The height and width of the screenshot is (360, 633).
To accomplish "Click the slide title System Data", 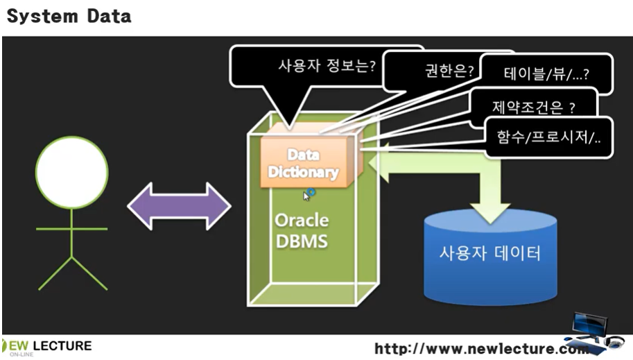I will pos(69,16).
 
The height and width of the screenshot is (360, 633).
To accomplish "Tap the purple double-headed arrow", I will pos(179,206).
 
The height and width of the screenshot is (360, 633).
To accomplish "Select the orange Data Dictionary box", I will pos(304,163).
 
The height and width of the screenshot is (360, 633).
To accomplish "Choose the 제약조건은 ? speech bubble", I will pos(533,107).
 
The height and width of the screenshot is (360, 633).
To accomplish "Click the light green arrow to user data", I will pos(444,177).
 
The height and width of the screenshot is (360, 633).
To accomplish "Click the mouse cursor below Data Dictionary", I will pos(308,195).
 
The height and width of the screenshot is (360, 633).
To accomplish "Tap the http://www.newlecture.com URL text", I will pos(478,348).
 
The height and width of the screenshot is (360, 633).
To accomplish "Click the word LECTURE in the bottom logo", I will pos(62,345).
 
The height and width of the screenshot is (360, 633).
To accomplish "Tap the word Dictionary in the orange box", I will pos(304,171).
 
